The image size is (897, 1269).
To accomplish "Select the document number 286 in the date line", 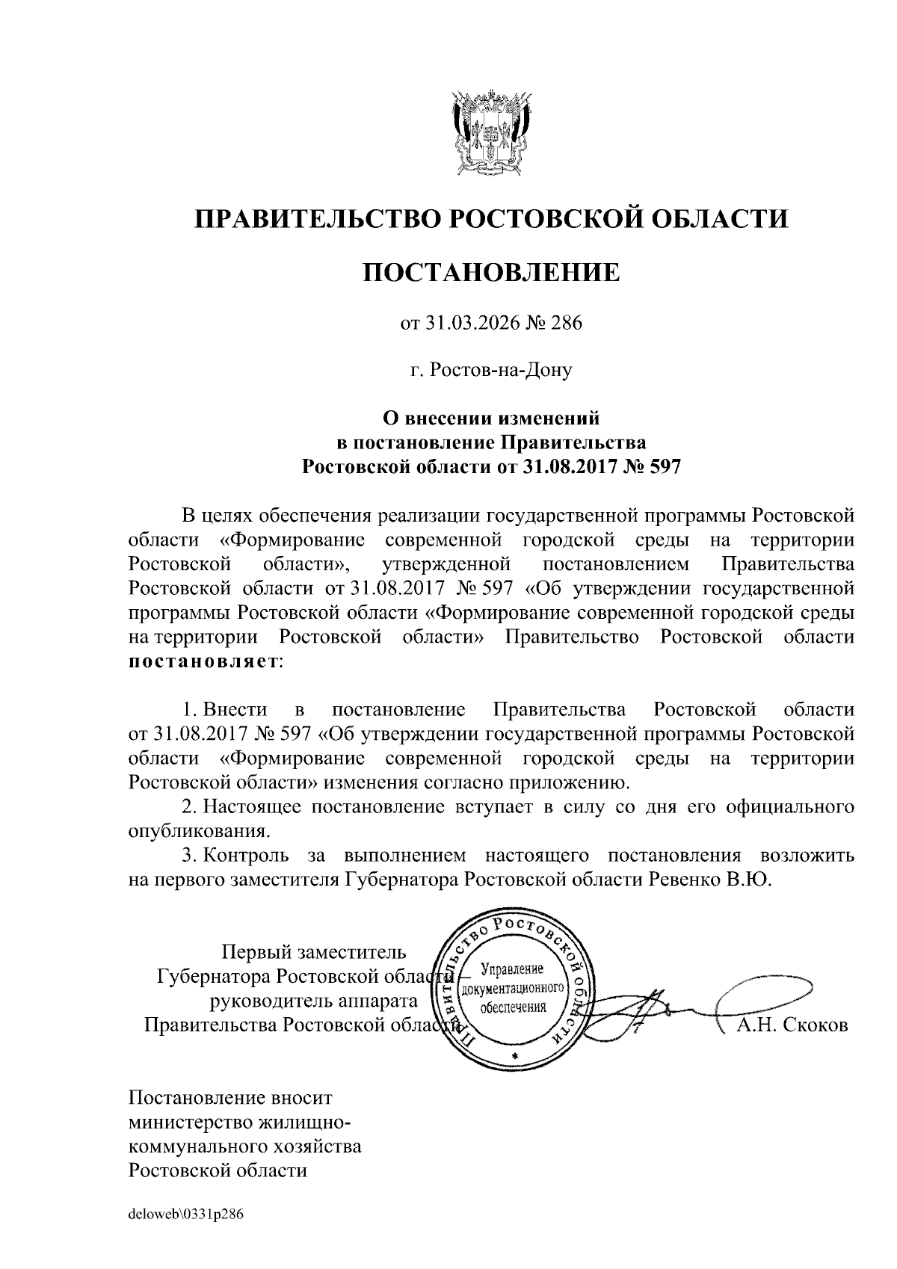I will [x=566, y=324].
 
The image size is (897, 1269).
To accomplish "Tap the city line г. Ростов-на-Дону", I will [x=491, y=370].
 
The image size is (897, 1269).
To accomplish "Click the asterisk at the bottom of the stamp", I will [x=514, y=1055].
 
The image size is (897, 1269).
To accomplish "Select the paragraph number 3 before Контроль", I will [x=188, y=855].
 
